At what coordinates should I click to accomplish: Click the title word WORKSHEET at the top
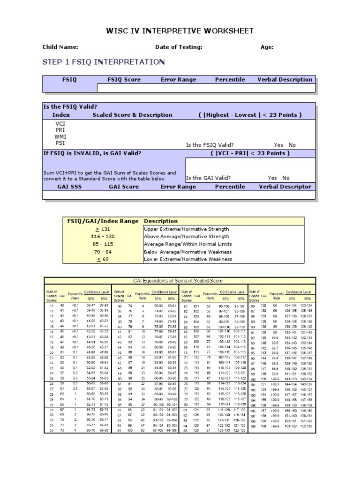(x=227, y=31)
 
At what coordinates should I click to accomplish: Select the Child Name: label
(x=60, y=47)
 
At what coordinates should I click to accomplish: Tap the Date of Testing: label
(x=179, y=47)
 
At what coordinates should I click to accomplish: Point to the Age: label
(x=267, y=47)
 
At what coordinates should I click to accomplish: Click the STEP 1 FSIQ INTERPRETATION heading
(x=103, y=62)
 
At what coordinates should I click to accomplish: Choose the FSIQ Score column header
(x=124, y=80)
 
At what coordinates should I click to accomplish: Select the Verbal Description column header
(x=285, y=80)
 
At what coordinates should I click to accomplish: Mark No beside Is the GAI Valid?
(x=286, y=178)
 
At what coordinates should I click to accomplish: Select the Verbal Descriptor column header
(x=285, y=187)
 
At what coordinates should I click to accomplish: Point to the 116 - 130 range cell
(x=103, y=237)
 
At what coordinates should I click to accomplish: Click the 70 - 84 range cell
(x=103, y=252)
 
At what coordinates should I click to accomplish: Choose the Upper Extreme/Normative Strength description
(x=180, y=229)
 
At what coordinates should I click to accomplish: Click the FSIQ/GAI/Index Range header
(x=103, y=221)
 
